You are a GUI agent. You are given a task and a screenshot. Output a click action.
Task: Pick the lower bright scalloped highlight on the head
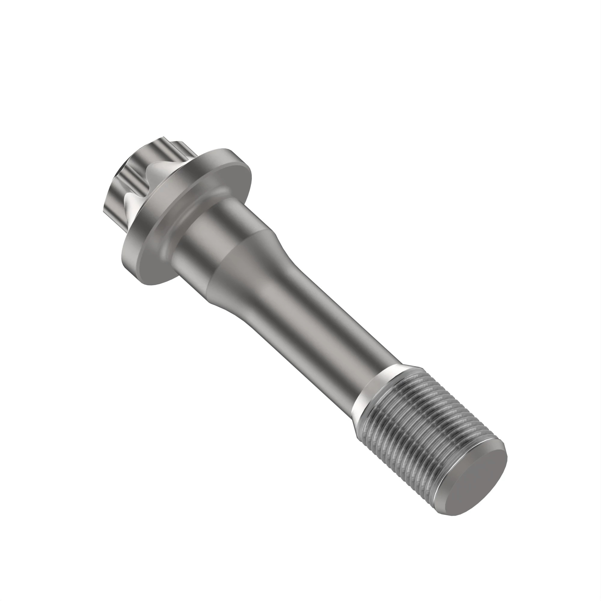[131, 207]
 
